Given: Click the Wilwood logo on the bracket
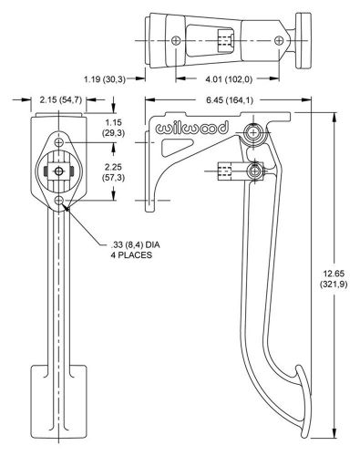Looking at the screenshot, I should pos(193,130).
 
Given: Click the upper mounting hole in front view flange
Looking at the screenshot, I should pos(61,143).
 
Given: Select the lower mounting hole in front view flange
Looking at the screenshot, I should pos(61,200).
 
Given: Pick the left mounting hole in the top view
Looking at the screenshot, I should pos(175,39).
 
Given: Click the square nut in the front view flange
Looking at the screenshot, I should pos(61,171).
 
